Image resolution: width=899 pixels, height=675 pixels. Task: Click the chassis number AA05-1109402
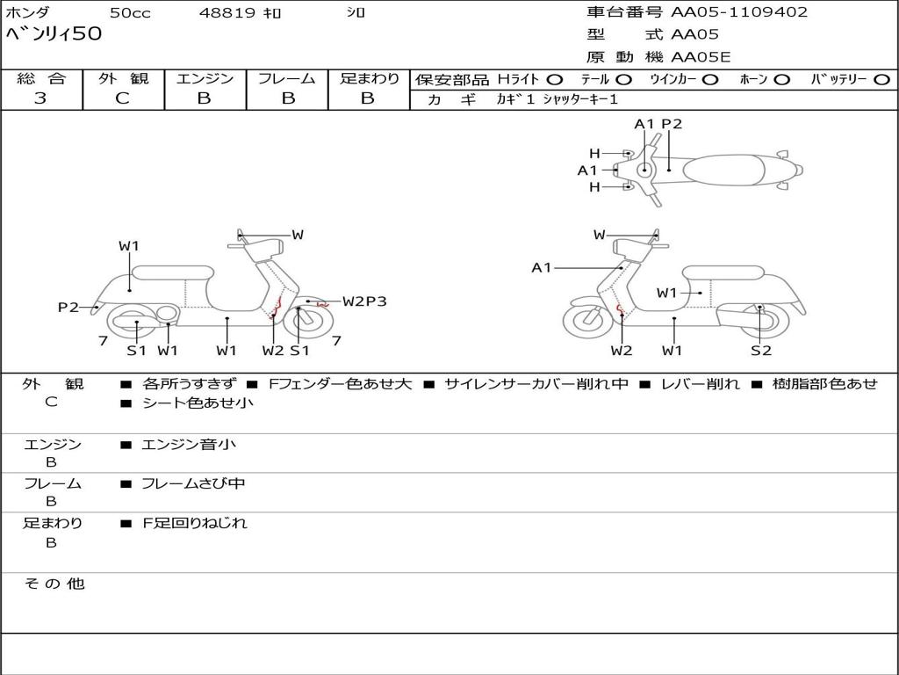[x=739, y=12]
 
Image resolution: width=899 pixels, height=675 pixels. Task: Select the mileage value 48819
[x=227, y=13]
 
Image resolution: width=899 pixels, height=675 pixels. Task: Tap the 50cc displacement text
[x=129, y=13]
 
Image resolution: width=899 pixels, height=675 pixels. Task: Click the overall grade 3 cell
[x=40, y=98]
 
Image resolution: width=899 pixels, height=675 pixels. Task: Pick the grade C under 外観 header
[x=122, y=98]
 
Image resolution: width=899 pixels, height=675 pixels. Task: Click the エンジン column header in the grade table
[x=205, y=78]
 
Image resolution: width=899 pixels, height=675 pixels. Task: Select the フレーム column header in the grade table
[x=286, y=78]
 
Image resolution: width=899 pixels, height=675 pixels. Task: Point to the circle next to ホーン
[x=781, y=79]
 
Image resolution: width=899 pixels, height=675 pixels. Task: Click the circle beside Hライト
[x=555, y=79]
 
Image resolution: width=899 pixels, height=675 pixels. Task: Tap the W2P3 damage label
[x=364, y=301]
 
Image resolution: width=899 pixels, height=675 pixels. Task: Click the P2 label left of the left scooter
[x=68, y=307]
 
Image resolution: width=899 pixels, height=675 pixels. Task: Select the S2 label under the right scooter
[x=760, y=351]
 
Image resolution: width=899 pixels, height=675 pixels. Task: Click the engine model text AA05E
[x=701, y=57]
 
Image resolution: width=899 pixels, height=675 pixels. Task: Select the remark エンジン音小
[x=189, y=445]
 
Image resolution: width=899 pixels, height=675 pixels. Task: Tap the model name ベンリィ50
[x=54, y=34]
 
